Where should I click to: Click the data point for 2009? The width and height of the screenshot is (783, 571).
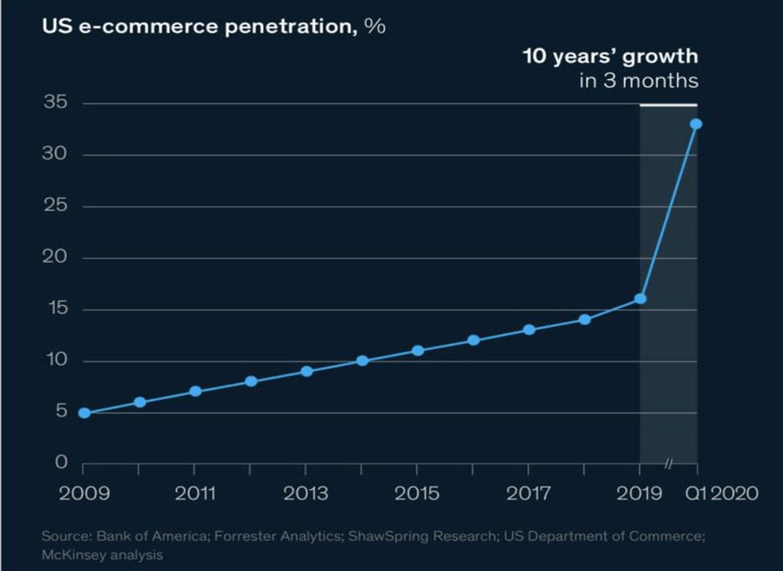[84, 413]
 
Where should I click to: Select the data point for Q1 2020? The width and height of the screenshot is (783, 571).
[696, 124]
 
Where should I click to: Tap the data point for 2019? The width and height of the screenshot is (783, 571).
[641, 298]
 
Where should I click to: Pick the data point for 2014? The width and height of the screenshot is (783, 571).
[362, 361]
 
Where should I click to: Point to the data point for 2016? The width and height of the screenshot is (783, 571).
[473, 340]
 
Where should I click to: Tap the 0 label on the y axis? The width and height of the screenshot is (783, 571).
[60, 463]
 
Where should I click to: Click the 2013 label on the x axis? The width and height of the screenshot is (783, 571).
[306, 493]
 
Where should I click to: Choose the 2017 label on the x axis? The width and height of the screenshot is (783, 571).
[528, 493]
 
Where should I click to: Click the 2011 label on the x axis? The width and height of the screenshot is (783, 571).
[194, 493]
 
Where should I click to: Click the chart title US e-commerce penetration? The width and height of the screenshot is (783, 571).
[213, 26]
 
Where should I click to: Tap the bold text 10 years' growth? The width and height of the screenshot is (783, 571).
[610, 57]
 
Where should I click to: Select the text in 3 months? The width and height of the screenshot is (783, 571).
[638, 81]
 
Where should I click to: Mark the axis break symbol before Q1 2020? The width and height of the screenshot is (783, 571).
[668, 463]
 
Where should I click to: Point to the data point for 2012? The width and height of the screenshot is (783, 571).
[251, 382]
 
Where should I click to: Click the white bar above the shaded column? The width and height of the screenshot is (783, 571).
[668, 104]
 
